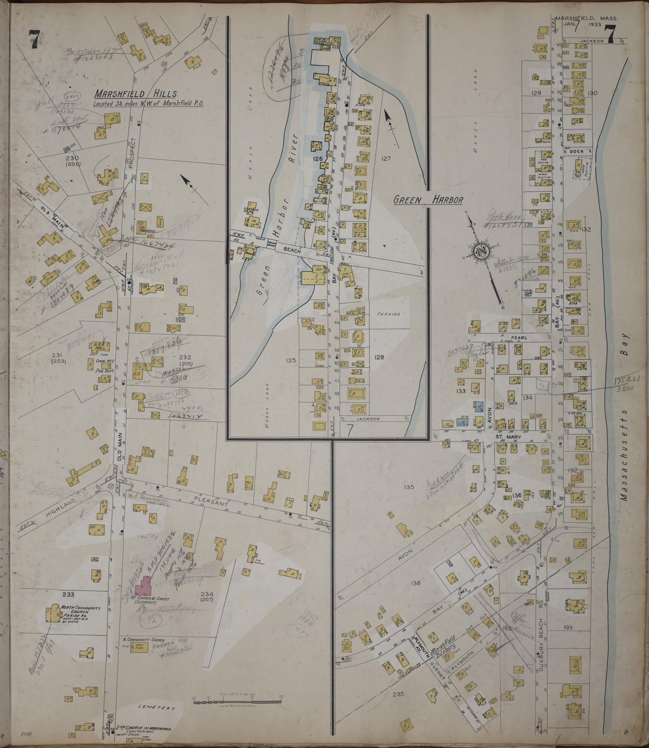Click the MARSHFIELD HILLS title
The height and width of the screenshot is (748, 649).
pyautogui.click(x=136, y=94)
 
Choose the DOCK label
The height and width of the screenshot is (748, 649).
pyautogui.click(x=576, y=151)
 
